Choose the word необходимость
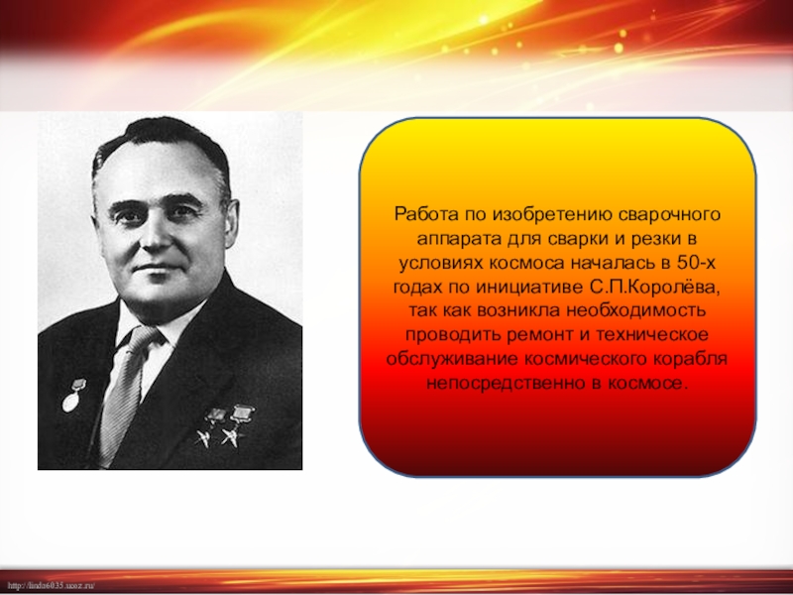(x=635, y=310)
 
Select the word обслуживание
(x=452, y=360)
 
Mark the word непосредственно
(x=505, y=384)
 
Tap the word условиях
(x=440, y=264)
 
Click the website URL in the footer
(x=52, y=585)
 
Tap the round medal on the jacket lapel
(x=70, y=402)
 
